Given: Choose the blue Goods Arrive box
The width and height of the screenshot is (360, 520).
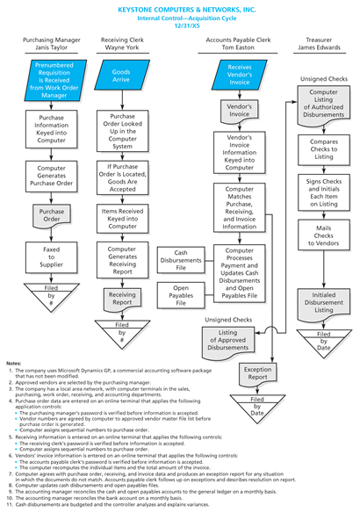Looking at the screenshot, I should [x=122, y=76].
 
